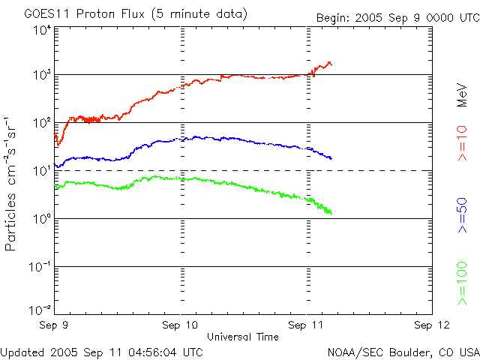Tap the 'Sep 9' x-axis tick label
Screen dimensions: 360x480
(x=54, y=325)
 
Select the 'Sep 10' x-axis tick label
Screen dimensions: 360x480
(x=181, y=325)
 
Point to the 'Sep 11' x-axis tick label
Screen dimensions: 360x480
(x=307, y=325)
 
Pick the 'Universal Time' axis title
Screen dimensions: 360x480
(x=243, y=337)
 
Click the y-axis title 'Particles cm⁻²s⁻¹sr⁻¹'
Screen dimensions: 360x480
(x=13, y=183)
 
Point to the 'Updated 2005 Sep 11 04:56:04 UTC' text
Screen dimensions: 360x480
(x=102, y=351)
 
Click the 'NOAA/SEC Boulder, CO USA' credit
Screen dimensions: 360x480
(x=403, y=351)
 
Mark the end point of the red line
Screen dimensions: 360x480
(x=331, y=64)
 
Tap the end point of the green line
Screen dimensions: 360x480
(x=330, y=214)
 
